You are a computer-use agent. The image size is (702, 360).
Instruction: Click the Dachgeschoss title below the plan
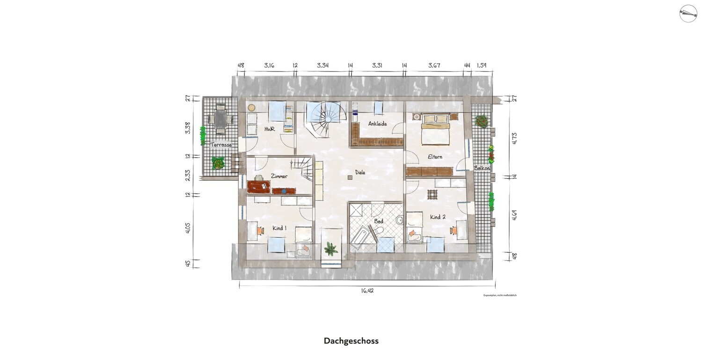(351, 341)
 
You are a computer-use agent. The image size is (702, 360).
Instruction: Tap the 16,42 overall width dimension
(367, 291)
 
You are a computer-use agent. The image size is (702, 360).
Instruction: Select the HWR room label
(269, 129)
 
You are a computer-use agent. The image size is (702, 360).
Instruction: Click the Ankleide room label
(377, 124)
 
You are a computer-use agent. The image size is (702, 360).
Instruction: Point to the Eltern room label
(435, 157)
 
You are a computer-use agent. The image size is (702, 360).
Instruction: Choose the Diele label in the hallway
(360, 172)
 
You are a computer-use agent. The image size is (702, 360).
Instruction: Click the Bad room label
(378, 221)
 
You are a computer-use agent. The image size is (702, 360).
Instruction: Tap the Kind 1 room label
(279, 228)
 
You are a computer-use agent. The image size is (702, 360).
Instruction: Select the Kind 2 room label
(438, 217)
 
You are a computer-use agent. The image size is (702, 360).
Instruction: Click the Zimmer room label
(279, 176)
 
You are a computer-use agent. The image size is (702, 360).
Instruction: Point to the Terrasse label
(221, 145)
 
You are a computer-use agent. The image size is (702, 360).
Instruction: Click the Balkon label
(482, 168)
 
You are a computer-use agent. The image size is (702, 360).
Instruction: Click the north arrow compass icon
(688, 13)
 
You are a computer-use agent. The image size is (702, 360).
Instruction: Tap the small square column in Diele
(350, 177)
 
